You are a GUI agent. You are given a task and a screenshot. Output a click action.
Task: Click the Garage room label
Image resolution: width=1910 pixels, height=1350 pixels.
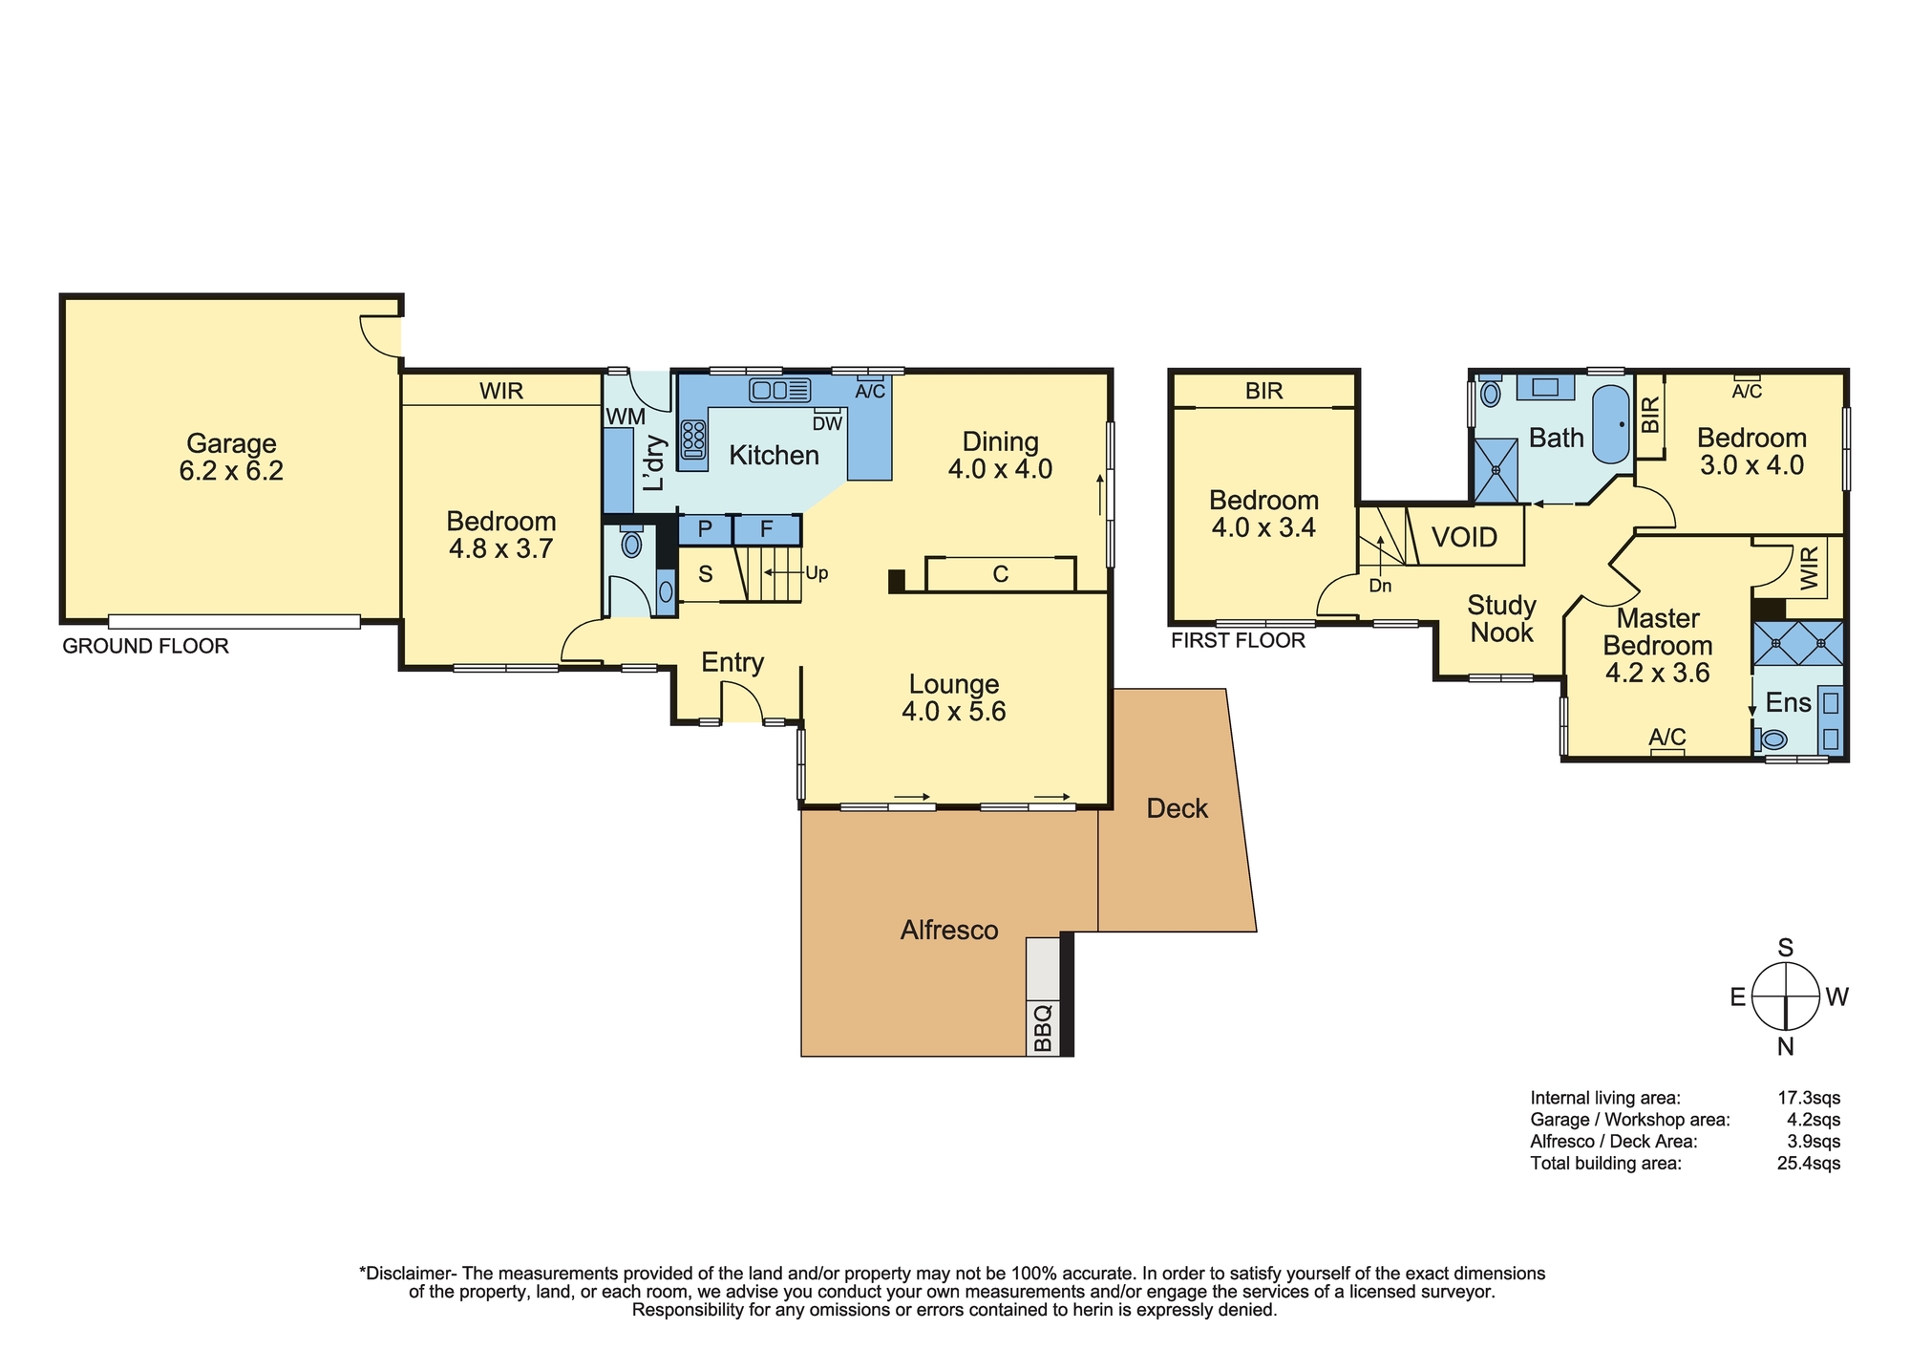231,443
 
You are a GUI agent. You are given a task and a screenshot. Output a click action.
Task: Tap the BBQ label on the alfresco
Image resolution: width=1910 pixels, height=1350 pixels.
1043,1026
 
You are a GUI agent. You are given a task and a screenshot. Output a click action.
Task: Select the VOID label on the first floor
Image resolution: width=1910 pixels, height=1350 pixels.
1464,537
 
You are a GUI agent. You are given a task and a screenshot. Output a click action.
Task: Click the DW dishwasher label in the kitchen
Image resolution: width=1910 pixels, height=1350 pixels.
827,423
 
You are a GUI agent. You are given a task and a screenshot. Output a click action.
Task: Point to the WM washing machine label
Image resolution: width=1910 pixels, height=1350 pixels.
626,417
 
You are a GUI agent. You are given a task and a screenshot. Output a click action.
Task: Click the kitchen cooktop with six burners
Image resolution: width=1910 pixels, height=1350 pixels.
694,440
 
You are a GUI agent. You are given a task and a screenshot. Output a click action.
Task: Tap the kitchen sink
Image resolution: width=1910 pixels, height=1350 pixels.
780,390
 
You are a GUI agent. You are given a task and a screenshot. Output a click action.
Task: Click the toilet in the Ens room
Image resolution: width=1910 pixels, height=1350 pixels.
1772,739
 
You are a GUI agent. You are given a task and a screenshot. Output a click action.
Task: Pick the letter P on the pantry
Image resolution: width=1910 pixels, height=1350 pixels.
705,529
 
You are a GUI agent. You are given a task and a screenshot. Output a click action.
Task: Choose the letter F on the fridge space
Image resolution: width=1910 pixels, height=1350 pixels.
766,529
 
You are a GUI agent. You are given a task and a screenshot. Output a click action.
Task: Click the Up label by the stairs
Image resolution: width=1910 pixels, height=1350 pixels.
817,573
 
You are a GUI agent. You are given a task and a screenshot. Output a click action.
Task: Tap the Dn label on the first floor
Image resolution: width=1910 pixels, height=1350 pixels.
1380,586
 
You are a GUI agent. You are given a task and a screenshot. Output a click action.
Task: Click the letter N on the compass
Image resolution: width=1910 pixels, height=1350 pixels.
1785,1047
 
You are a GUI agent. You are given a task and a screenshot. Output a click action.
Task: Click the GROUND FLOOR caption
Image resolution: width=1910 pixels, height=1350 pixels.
145,646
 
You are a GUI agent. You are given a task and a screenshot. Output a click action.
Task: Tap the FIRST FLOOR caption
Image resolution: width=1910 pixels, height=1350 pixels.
1238,640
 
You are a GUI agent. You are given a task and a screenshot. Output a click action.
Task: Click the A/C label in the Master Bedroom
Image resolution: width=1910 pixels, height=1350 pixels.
1667,737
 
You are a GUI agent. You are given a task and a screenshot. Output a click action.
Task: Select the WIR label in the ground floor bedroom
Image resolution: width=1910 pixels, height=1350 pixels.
501,391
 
